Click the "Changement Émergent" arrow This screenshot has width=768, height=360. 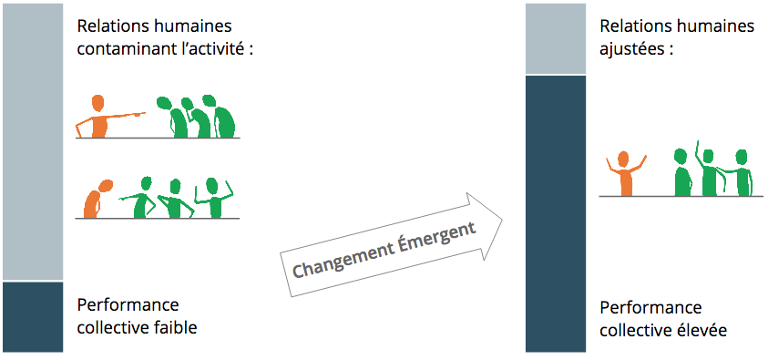pyautogui.click(x=392, y=245)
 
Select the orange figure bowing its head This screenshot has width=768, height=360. pyautogui.click(x=97, y=199)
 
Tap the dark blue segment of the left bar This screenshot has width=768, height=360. pyautogui.click(x=32, y=316)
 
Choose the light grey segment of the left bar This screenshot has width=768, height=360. pyautogui.click(x=32, y=141)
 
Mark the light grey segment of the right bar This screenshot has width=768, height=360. pyautogui.click(x=556, y=38)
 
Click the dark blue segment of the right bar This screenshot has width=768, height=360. pyautogui.click(x=556, y=213)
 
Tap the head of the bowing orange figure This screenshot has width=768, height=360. pyautogui.click(x=106, y=185)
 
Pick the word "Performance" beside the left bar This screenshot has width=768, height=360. pyautogui.click(x=128, y=305)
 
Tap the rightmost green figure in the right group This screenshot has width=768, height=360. pyautogui.click(x=739, y=173)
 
